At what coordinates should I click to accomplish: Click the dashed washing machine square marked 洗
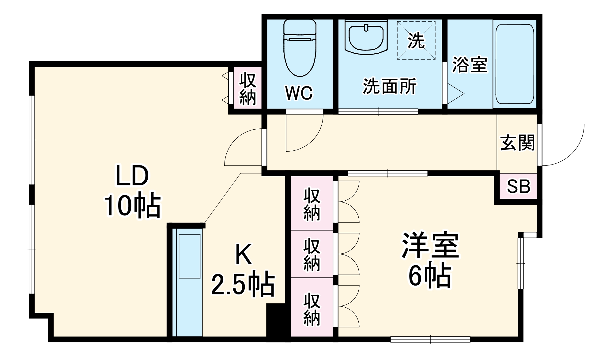[x=416, y=40]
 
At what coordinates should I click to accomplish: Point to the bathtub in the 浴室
[x=515, y=64]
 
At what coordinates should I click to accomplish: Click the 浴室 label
[x=470, y=65]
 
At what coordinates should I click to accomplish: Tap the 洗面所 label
[x=390, y=86]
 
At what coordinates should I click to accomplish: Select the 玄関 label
[x=517, y=143]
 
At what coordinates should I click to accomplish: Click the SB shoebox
[x=518, y=186]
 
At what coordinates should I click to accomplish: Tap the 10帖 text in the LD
[x=132, y=205]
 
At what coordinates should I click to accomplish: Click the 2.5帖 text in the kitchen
[x=243, y=284]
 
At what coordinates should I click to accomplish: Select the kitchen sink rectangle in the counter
[x=190, y=256]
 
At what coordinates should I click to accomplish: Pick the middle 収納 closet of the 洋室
[x=312, y=255]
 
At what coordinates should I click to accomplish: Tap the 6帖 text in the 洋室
[x=430, y=275]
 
